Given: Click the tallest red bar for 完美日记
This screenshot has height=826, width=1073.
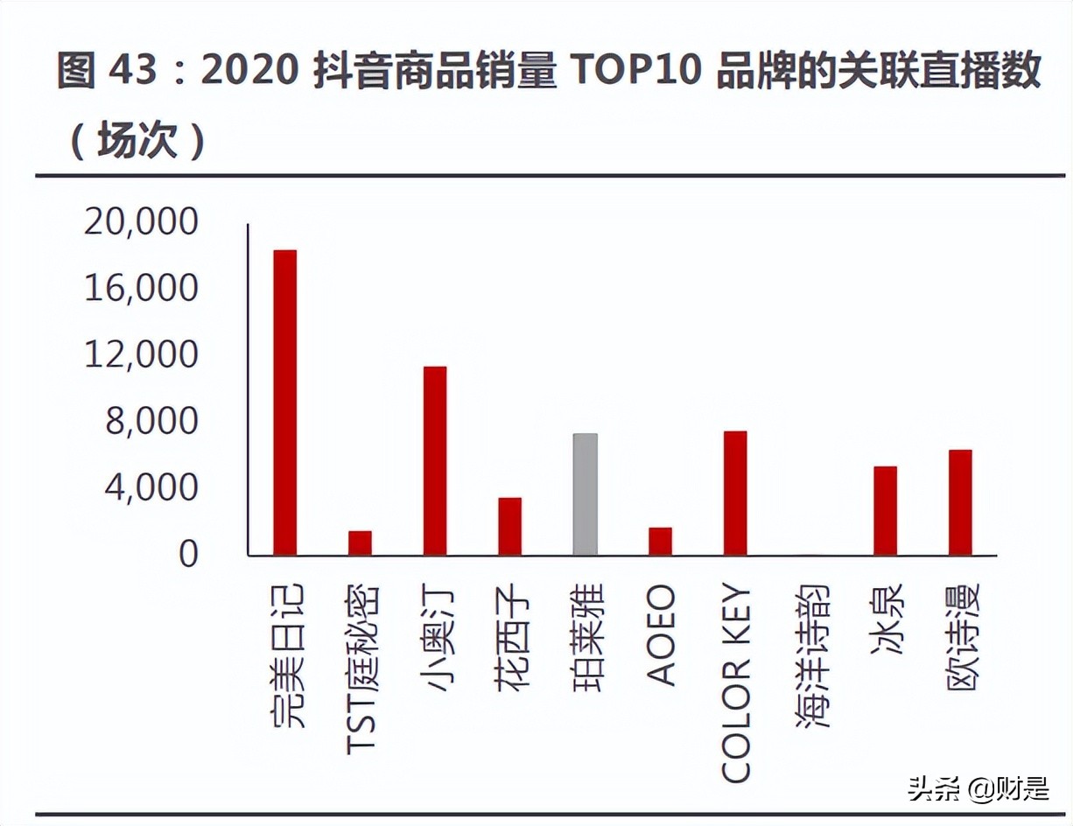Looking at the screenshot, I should point(285,402).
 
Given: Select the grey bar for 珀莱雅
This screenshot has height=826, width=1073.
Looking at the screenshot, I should point(586,494).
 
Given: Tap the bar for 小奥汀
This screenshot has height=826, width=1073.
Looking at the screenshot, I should point(435,461).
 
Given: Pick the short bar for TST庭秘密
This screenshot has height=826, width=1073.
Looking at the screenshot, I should point(360,542).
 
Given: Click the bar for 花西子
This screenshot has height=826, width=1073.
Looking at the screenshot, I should point(510,526).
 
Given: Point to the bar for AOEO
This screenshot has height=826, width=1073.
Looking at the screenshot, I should point(660,541).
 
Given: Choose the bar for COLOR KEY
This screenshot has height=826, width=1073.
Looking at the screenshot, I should point(735,493).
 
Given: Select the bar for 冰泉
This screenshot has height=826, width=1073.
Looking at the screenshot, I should point(885,510).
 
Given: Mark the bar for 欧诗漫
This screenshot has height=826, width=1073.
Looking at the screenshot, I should point(960,502).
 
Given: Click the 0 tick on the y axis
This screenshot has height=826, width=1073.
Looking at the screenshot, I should point(189,555).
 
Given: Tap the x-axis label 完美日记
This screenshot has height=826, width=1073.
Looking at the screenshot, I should point(286,656).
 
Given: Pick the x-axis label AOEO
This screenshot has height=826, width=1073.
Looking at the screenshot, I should point(661,635).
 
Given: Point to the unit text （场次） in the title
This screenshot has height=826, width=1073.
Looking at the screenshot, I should point(136,140).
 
